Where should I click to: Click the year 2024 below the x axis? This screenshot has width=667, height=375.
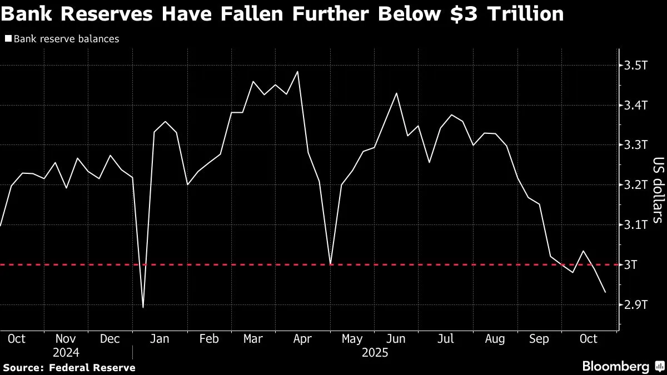click(66, 353)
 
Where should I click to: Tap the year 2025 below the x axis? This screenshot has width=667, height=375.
click(375, 353)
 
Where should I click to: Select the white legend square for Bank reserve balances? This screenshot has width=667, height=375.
click(8, 39)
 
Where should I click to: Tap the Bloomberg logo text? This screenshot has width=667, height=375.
click(615, 366)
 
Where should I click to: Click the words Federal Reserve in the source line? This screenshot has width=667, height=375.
click(92, 367)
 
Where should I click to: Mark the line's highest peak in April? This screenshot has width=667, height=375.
click(298, 72)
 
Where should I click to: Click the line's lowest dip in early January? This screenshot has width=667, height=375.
click(143, 307)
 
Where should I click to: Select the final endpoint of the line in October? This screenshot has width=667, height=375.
click(605, 292)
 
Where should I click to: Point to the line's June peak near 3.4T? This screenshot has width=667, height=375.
click(396, 93)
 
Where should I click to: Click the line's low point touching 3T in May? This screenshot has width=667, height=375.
click(331, 264)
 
